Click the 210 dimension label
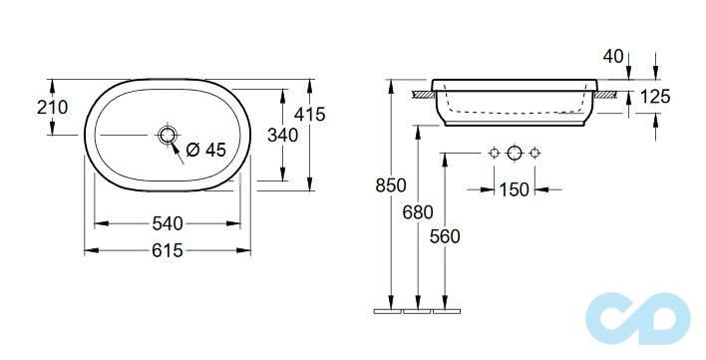pyautogui.click(x=52, y=107)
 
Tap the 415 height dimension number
pyautogui.click(x=309, y=115)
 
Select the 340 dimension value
pyautogui.click(x=283, y=135)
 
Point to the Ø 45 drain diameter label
pyautogui.click(x=205, y=150)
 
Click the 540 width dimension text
pyautogui.click(x=168, y=223)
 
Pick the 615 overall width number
pyautogui.click(x=168, y=250)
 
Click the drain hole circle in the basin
pyautogui.click(x=168, y=135)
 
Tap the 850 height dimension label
pyautogui.click(x=391, y=185)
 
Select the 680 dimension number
pyautogui.click(x=418, y=212)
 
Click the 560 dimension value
pyautogui.click(x=445, y=236)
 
